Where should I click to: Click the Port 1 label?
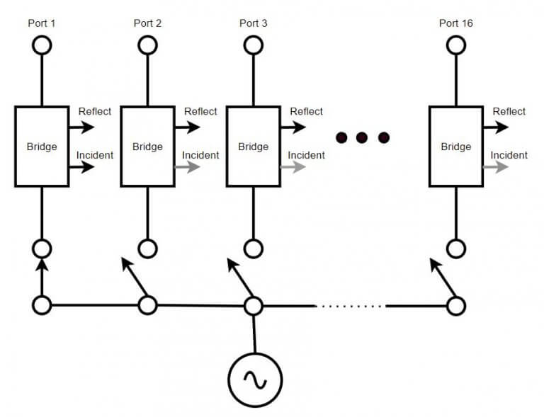click(42, 23)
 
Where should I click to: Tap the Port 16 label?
click(456, 23)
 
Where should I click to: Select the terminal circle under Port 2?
click(147, 45)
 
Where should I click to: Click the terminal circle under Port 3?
click(254, 45)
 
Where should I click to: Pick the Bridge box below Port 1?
click(42, 147)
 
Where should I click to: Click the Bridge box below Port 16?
click(456, 147)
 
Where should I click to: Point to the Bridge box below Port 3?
click(254, 147)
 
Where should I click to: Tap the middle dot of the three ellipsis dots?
click(363, 137)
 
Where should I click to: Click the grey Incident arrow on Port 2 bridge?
click(187, 168)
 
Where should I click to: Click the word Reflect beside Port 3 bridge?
click(306, 112)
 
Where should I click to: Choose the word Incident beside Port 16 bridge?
click(509, 155)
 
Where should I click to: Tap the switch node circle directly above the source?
click(254, 306)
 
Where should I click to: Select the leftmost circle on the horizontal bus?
click(42, 306)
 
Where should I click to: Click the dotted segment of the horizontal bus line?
click(350, 306)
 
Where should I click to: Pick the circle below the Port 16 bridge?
click(456, 249)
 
